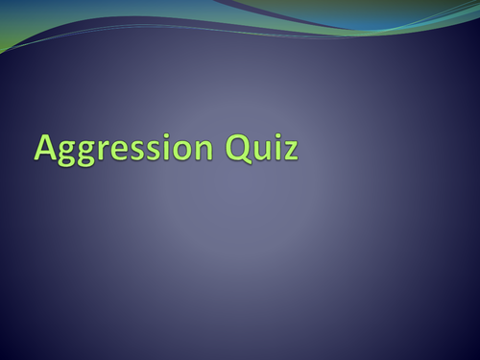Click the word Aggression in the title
125,149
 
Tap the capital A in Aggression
46,147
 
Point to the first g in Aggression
67,153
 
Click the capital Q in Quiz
239,147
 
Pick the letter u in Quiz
262,151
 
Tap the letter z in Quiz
290,151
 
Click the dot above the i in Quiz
277,136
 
